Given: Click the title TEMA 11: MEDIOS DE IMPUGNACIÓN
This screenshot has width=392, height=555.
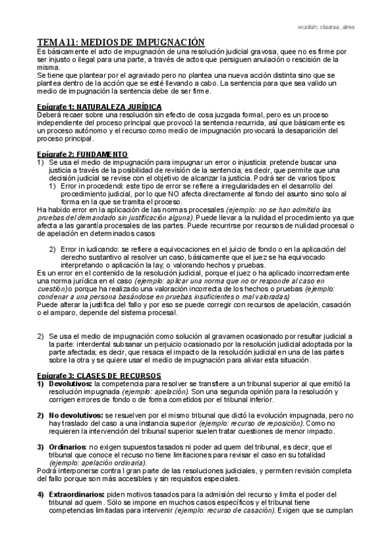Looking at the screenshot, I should point(120,41).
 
